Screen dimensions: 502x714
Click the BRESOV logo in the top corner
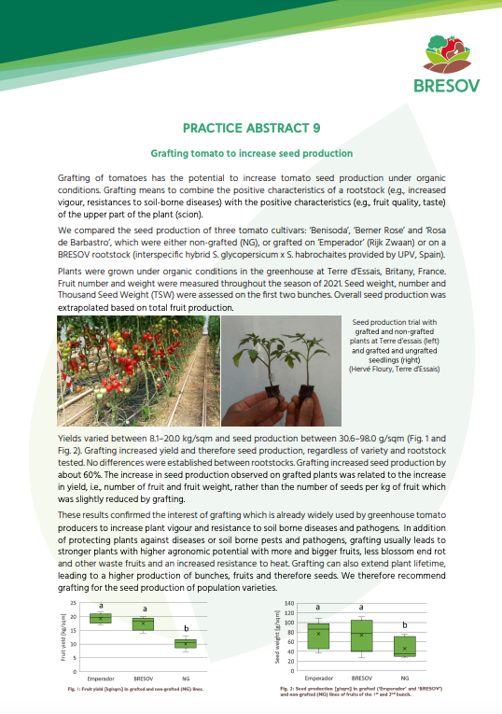coord(443,65)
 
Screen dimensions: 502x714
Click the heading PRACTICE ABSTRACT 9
coord(251,130)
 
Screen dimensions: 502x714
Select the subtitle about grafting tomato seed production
coord(251,153)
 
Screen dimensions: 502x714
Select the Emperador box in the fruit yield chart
coord(100,618)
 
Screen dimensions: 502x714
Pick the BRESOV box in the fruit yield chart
coord(144,623)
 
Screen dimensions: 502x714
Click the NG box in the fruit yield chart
coord(187,643)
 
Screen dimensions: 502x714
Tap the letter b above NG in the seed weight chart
coord(404,625)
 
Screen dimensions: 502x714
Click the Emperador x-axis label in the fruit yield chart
coord(100,677)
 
